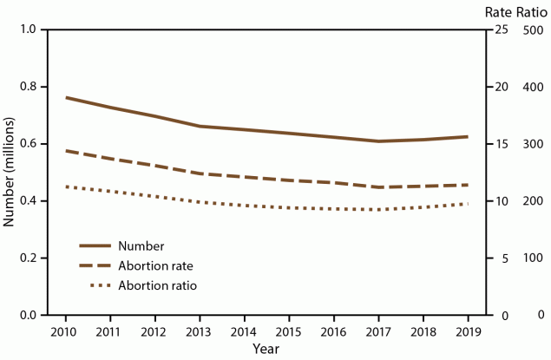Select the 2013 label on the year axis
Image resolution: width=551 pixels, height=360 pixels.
coord(200,332)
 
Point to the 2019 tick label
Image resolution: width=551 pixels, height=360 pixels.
coord(469,332)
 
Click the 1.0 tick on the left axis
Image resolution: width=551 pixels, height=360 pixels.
coord(29,30)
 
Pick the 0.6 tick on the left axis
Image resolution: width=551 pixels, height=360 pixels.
coord(29,145)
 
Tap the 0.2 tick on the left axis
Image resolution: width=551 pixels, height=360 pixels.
coord(29,259)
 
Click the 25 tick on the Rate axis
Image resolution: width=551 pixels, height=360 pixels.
coord(499,30)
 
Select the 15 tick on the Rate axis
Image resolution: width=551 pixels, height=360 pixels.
coord(499,145)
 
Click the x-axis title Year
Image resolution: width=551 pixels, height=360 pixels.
coord(266,349)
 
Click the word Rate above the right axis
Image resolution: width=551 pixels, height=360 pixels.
coord(497,10)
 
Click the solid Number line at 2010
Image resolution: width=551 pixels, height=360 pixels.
coord(67,97)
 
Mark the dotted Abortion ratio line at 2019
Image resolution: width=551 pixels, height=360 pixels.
coord(469,204)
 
